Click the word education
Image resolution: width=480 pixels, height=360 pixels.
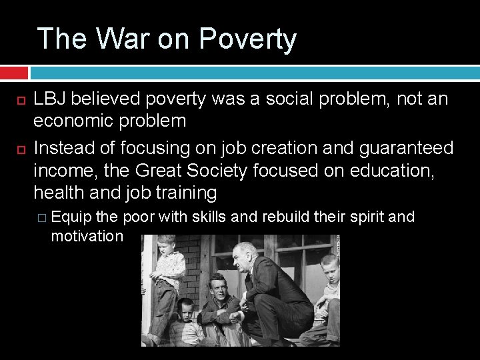click(390, 171)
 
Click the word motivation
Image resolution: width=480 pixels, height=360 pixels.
click(87, 236)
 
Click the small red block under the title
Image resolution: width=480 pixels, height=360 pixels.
click(14, 72)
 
